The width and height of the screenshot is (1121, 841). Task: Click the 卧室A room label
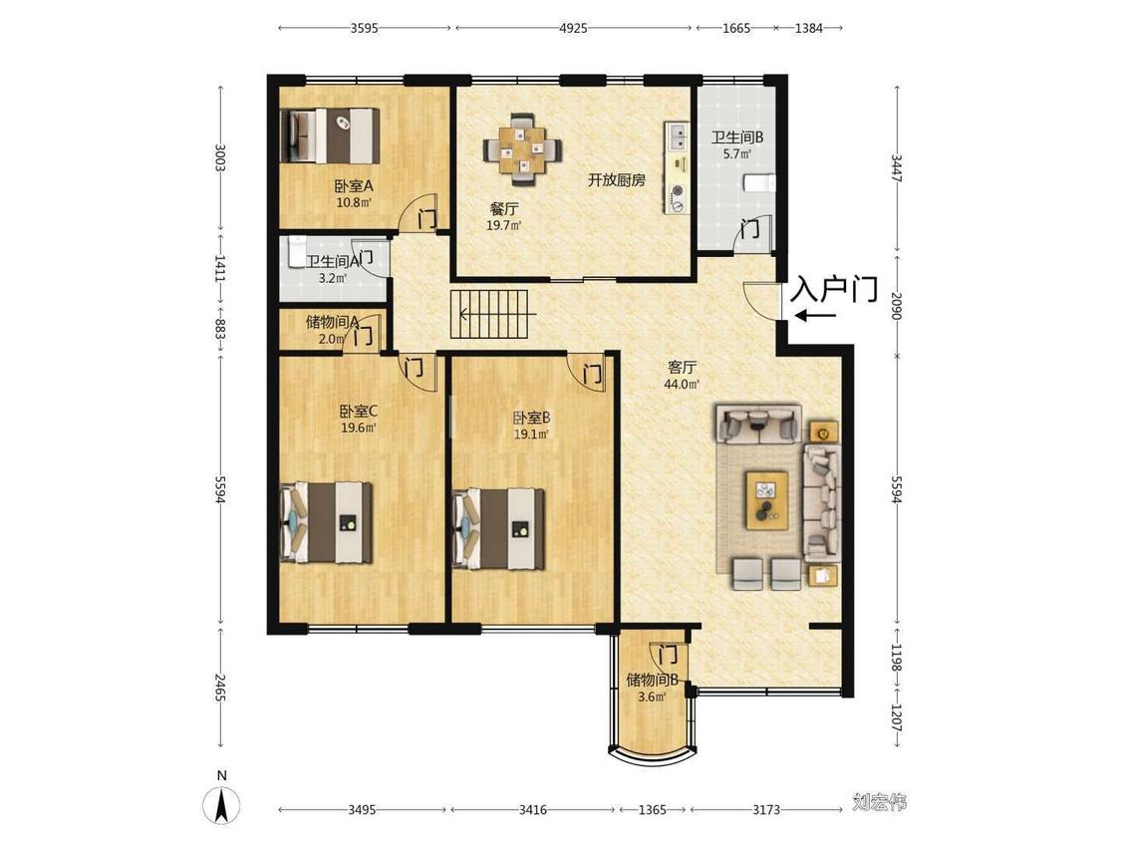click(354, 186)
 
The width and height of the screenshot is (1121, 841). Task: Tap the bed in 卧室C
click(326, 522)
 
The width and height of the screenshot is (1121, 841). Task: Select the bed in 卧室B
click(499, 529)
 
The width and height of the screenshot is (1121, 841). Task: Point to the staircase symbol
click(489, 314)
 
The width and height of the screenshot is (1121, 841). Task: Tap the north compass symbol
click(222, 805)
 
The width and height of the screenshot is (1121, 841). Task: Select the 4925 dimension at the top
click(573, 28)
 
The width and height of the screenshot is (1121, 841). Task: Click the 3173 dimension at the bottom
click(765, 809)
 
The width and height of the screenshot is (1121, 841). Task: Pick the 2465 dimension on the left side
click(220, 687)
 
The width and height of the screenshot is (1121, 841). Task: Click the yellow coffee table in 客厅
click(767, 500)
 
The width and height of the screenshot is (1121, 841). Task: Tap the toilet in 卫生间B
click(759, 183)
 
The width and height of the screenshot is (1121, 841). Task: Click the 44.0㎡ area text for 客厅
click(682, 384)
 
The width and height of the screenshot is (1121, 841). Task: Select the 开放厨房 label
click(616, 180)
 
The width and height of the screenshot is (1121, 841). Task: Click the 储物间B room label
click(652, 680)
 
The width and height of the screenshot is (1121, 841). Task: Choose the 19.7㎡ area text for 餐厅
click(504, 226)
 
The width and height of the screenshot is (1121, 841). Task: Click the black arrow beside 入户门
click(815, 315)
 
